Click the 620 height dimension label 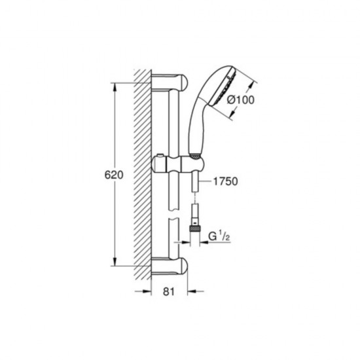(114, 175)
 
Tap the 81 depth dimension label (169, 291)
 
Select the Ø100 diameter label (241, 100)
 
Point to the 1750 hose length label (225, 181)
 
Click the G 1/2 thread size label (219, 236)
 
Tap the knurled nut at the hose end (194, 228)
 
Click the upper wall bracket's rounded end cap (183, 82)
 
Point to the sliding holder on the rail (177, 164)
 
